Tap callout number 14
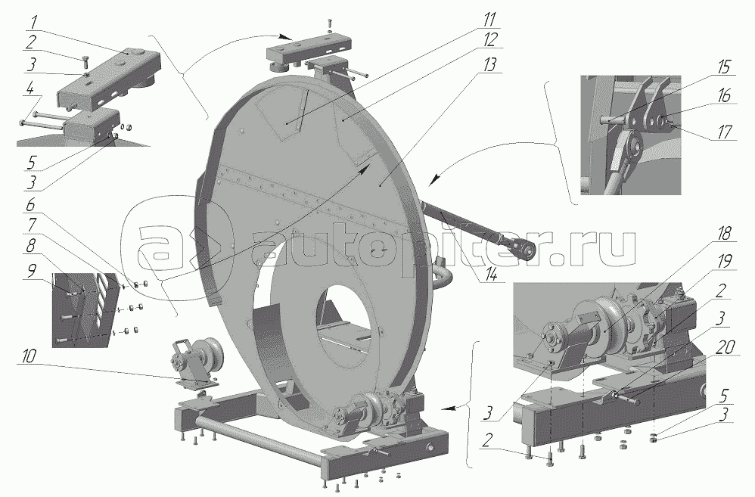[492, 276]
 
